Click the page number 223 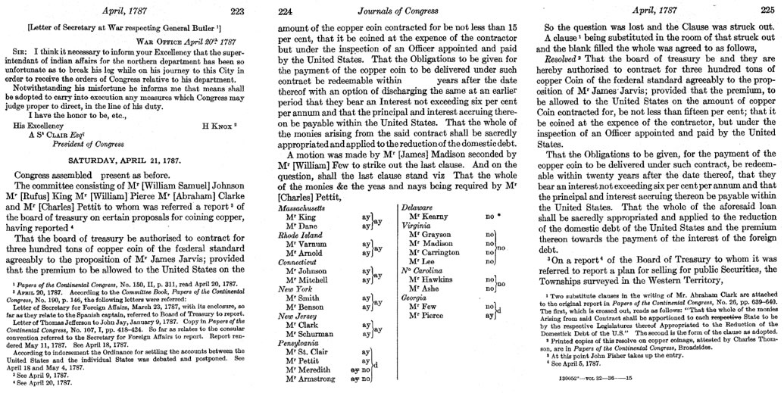237,10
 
